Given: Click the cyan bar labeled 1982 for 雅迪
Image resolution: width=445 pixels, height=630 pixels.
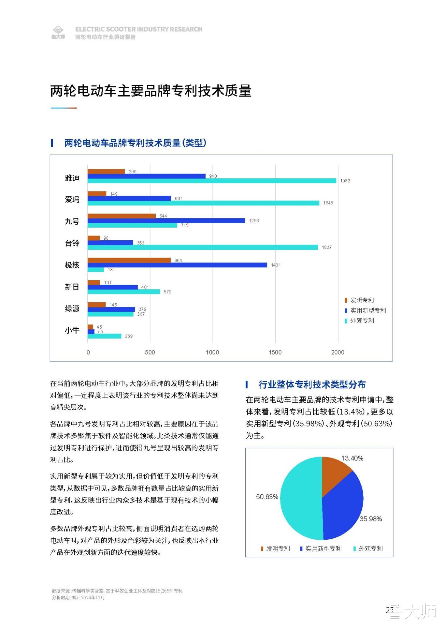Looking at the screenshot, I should [212, 181].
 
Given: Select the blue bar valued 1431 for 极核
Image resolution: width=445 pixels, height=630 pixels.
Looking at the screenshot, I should [177, 265].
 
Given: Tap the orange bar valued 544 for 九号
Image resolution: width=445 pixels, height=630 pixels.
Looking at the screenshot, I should [122, 216].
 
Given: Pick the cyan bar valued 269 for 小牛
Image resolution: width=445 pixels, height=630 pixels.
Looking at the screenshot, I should [104, 336].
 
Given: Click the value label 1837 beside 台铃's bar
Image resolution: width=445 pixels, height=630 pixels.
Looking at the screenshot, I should [327, 247].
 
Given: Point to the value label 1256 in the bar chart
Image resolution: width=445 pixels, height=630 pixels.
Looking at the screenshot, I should [254, 221].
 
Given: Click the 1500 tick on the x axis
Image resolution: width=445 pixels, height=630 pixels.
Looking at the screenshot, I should [275, 352].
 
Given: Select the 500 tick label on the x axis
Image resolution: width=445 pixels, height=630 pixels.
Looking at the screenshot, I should [150, 352].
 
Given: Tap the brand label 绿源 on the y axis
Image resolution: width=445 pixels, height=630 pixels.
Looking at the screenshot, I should [72, 308].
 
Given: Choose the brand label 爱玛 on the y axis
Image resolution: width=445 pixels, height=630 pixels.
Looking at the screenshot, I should [72, 199].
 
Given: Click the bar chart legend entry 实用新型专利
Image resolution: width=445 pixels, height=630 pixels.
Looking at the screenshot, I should [367, 310].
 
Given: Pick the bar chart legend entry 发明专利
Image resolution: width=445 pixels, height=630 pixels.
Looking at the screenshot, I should [362, 300].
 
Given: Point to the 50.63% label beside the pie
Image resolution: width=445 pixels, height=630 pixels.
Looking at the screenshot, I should [267, 497].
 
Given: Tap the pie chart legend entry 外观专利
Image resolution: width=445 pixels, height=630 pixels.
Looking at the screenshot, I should [370, 548].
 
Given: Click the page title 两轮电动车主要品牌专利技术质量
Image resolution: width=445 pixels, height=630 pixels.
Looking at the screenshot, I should [151, 91].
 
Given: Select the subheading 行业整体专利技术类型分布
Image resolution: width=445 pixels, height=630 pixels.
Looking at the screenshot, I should [312, 384].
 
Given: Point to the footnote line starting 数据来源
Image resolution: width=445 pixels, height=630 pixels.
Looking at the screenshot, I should [117, 591].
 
